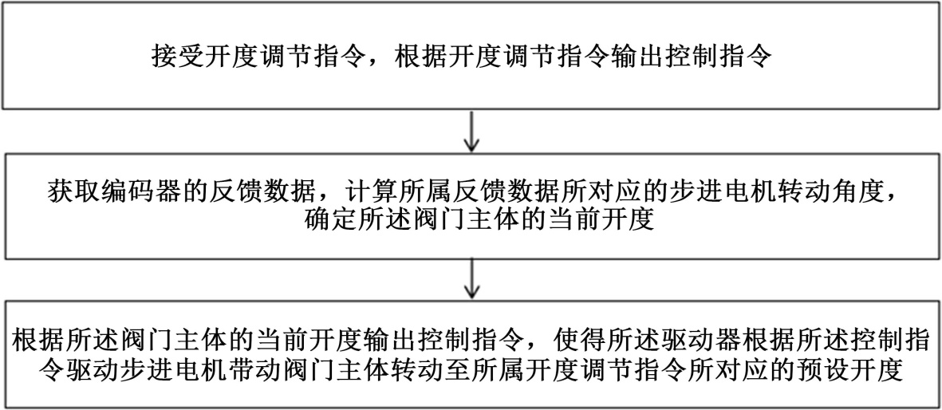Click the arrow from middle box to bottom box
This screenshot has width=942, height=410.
pyautogui.click(x=471, y=280)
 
